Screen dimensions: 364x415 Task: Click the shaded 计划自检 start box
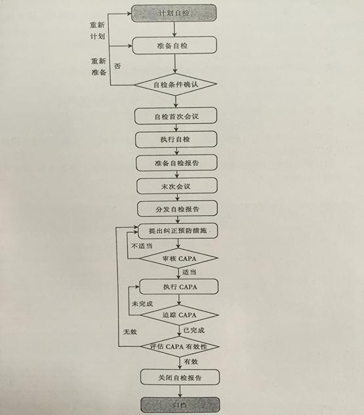(174, 13)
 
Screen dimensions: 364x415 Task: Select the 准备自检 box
(174, 45)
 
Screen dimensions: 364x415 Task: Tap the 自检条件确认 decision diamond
(176, 85)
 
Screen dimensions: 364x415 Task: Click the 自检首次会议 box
(176, 116)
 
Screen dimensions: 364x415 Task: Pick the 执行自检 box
(176, 140)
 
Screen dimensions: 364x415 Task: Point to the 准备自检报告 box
(176, 163)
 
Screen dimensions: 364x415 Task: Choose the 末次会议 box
(177, 186)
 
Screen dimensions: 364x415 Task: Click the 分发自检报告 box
(177, 209)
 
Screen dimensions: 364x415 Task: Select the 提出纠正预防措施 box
(178, 231)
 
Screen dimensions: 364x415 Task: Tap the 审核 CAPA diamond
(178, 258)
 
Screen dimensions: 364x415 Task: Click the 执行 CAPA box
(179, 287)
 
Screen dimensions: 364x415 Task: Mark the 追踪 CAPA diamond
(179, 315)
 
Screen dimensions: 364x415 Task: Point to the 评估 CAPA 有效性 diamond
(180, 347)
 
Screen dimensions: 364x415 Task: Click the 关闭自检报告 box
(180, 377)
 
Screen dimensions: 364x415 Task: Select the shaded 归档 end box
(180, 405)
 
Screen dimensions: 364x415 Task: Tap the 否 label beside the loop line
(117, 66)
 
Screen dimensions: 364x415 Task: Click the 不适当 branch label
(142, 246)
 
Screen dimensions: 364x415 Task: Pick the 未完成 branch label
(142, 304)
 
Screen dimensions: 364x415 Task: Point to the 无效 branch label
(130, 332)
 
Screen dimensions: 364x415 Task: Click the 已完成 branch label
(194, 330)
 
